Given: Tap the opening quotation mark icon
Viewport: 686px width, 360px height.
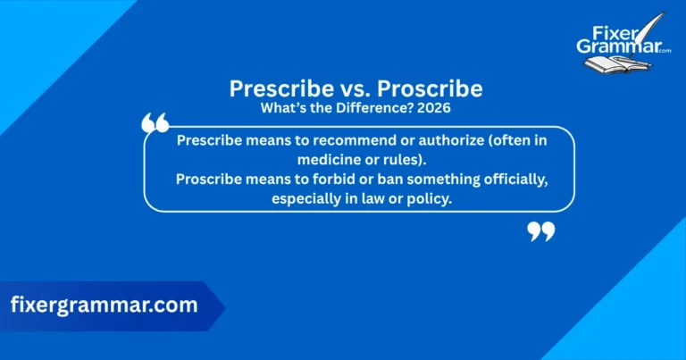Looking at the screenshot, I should [x=155, y=124].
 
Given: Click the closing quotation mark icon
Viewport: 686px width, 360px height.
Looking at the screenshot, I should [x=540, y=231].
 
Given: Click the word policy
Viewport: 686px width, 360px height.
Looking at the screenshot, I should [x=430, y=199].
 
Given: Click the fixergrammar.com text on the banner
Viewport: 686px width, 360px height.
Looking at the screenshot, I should [x=104, y=305].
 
